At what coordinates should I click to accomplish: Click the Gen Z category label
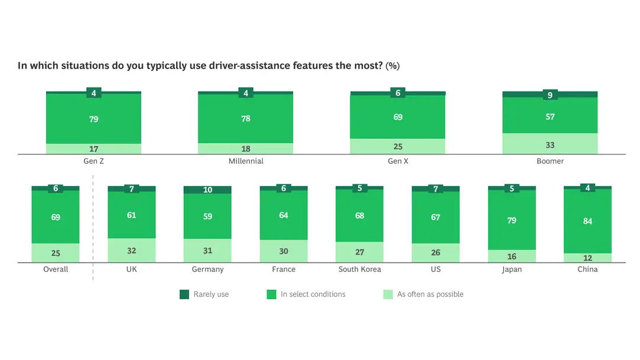[93, 161]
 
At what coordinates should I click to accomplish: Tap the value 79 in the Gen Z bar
[93, 119]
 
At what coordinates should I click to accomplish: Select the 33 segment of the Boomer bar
[550, 144]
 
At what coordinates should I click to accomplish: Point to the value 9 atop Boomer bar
[550, 95]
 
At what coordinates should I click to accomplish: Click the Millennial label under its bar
[245, 161]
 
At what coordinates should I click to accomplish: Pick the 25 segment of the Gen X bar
[398, 146]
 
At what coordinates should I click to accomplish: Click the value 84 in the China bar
[587, 221]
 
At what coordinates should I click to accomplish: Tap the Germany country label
[207, 270]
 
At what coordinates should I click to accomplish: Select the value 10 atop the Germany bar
[207, 190]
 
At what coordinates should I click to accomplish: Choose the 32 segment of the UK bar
[131, 251]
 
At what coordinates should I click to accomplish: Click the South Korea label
[359, 270]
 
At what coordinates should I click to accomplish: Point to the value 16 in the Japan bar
[512, 257]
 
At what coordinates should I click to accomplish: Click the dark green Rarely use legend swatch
[184, 294]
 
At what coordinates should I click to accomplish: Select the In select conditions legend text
[313, 294]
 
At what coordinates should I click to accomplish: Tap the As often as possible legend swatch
[388, 294]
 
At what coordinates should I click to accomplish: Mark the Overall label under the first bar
[56, 270]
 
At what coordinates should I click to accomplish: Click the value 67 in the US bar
[436, 217]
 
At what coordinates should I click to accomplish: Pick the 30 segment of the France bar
[284, 251]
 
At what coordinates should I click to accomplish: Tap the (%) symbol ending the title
[393, 66]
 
